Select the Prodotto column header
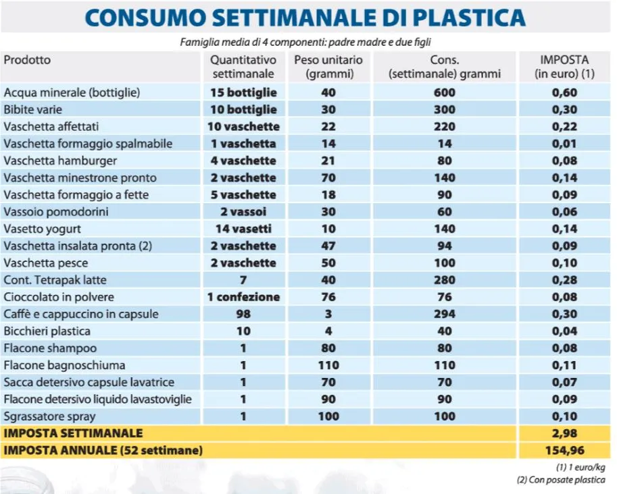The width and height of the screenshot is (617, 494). tap(27, 60)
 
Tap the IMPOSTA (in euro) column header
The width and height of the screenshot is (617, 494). tap(564, 66)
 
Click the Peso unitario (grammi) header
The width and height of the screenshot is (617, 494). tap(328, 66)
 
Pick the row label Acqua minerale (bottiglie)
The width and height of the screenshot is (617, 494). tap(72, 92)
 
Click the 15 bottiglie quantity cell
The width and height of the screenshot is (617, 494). tap(243, 92)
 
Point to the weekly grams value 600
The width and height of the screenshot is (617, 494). tap(444, 92)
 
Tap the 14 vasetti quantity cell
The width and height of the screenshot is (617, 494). tap(243, 229)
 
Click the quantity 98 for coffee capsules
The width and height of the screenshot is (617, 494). tap(243, 314)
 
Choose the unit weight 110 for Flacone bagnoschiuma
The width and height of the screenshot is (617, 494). tap(328, 365)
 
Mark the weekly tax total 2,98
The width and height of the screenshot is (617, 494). tap(564, 433)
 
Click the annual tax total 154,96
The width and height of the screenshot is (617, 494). tap(564, 450)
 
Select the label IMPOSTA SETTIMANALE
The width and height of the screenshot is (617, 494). tap(74, 433)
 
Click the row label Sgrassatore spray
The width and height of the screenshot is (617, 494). tap(45, 416)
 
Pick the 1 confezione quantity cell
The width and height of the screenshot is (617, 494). tap(243, 297)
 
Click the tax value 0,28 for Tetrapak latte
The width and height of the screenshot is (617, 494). tap(564, 280)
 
